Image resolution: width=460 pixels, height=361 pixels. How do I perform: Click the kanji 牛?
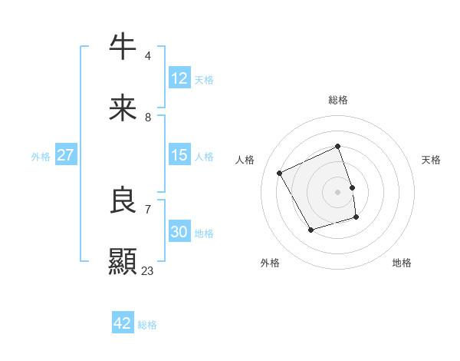pyautogui.click(x=123, y=48)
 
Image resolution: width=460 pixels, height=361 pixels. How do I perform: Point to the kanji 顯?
pyautogui.click(x=123, y=262)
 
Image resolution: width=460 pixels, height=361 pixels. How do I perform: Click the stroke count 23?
pyautogui.click(x=148, y=270)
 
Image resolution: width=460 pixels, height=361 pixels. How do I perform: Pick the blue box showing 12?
pyautogui.click(x=179, y=78)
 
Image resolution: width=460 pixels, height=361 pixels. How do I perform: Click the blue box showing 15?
pyautogui.click(x=179, y=155)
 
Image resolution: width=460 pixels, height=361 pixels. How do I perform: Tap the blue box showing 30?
pyautogui.click(x=179, y=232)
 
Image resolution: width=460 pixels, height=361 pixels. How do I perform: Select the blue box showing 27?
pyautogui.click(x=65, y=155)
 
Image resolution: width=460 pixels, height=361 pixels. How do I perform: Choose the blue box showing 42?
pyautogui.click(x=123, y=323)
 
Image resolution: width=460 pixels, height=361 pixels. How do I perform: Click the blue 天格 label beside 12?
pyautogui.click(x=204, y=80)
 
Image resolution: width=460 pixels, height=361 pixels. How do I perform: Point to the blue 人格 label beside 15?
pyautogui.click(x=204, y=157)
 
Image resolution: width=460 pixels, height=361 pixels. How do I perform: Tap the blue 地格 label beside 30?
pyautogui.click(x=204, y=233)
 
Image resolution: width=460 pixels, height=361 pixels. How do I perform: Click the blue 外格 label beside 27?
pyautogui.click(x=41, y=157)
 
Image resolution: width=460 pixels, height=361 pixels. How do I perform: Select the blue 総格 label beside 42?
pyautogui.click(x=147, y=325)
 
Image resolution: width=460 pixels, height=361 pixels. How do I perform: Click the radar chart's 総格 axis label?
pyautogui.click(x=338, y=100)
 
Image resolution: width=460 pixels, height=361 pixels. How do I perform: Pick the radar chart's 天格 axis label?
pyautogui.click(x=431, y=160)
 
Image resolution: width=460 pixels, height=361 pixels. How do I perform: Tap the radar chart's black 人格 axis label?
pyautogui.click(x=245, y=160)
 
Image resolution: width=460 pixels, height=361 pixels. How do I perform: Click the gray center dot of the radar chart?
pyautogui.click(x=338, y=192)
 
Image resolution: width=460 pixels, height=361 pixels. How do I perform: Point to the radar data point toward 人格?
pyautogui.click(x=280, y=174)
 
